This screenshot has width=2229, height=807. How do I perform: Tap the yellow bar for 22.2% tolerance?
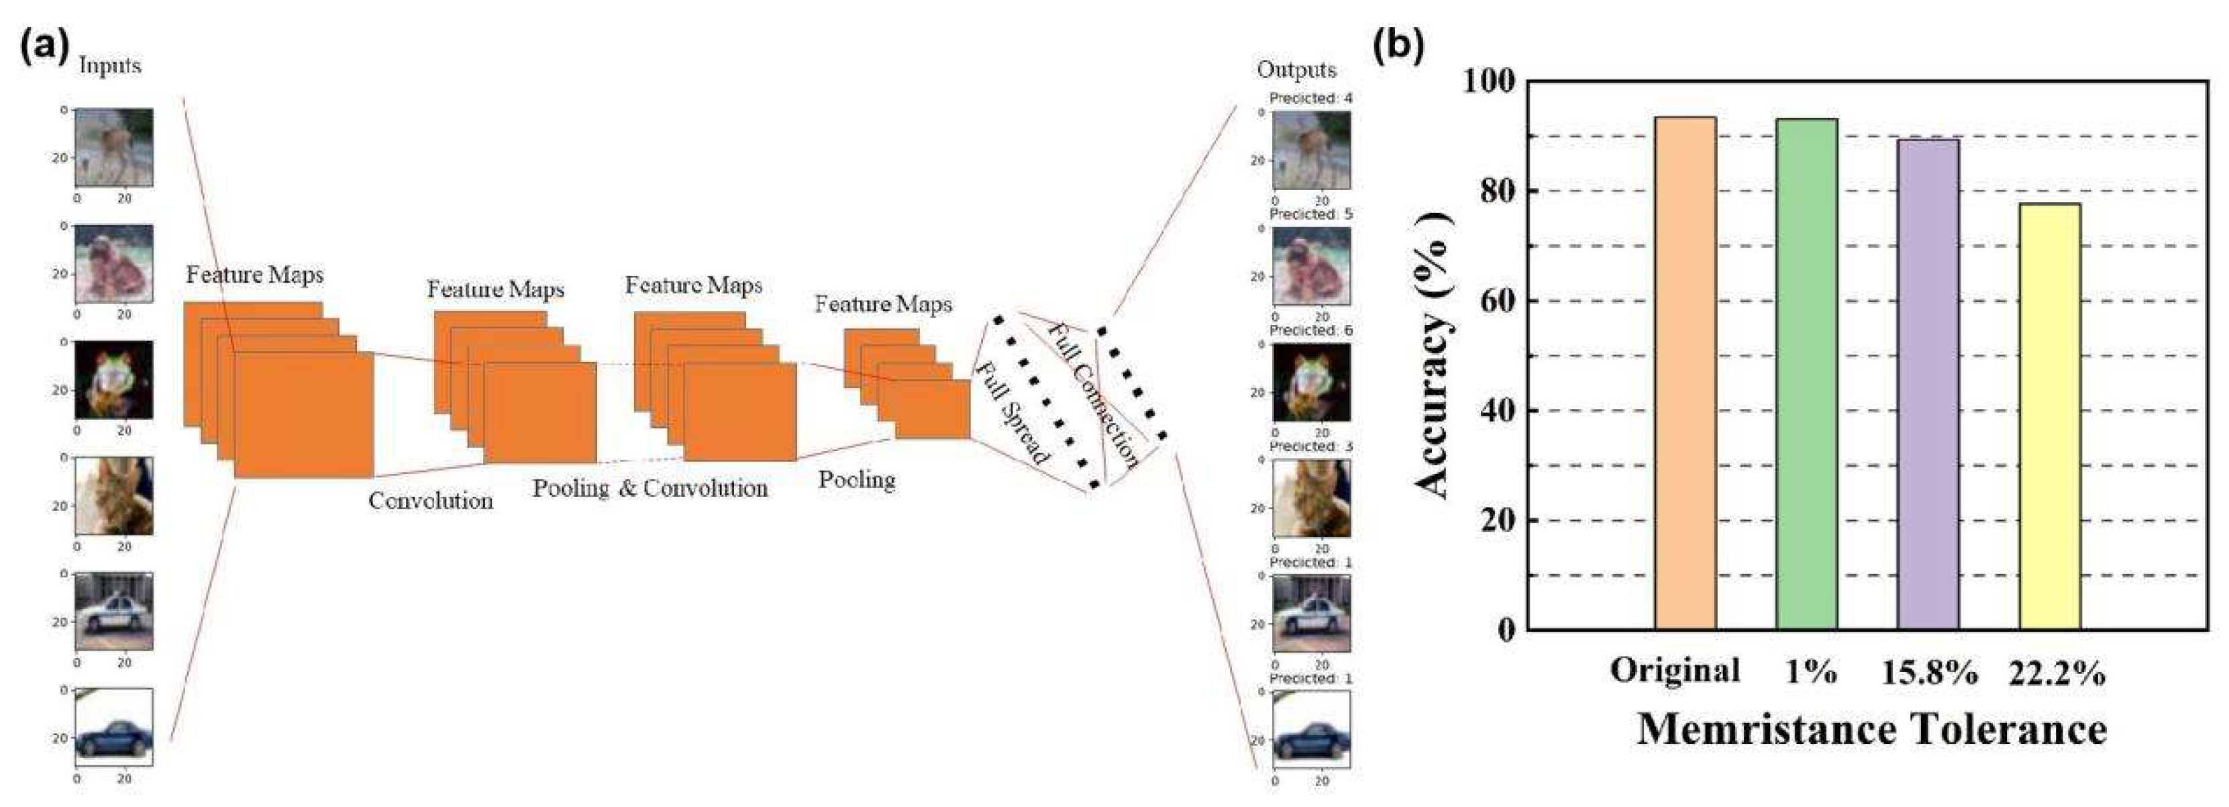[2049, 416]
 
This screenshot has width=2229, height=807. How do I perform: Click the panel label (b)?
[1398, 45]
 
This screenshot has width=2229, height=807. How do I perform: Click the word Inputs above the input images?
[109, 66]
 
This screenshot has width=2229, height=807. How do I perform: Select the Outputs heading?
[1296, 69]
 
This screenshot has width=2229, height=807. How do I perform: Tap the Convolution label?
[430, 500]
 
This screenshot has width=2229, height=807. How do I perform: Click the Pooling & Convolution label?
[650, 488]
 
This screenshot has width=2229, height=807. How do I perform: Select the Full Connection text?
[1094, 395]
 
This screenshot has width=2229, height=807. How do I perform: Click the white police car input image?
[114, 610]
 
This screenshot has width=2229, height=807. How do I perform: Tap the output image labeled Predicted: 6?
[1312, 382]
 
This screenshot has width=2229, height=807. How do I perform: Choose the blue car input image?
[114, 727]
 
